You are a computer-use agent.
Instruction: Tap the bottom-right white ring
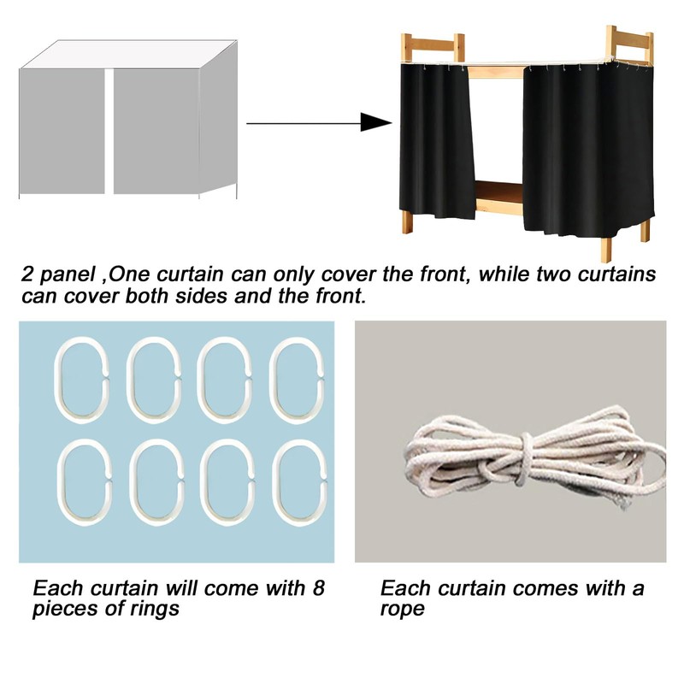[296, 481]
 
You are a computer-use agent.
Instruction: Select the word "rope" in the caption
[402, 610]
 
